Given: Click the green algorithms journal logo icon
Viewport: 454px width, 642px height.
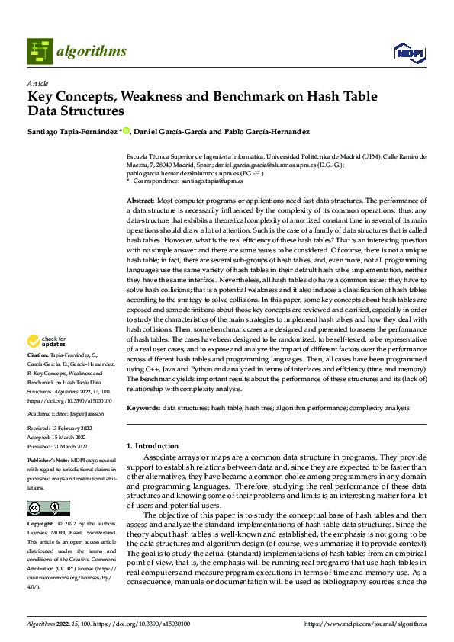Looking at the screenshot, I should [40, 52].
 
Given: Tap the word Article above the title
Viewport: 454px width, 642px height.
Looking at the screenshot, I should [37, 83].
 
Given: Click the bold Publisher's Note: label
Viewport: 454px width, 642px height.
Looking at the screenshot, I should [47, 462].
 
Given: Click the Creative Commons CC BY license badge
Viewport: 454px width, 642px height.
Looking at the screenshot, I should [48, 508].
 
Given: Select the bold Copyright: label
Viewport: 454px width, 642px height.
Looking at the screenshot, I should [41, 525].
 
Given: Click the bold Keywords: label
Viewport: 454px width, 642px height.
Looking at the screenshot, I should [143, 408].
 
